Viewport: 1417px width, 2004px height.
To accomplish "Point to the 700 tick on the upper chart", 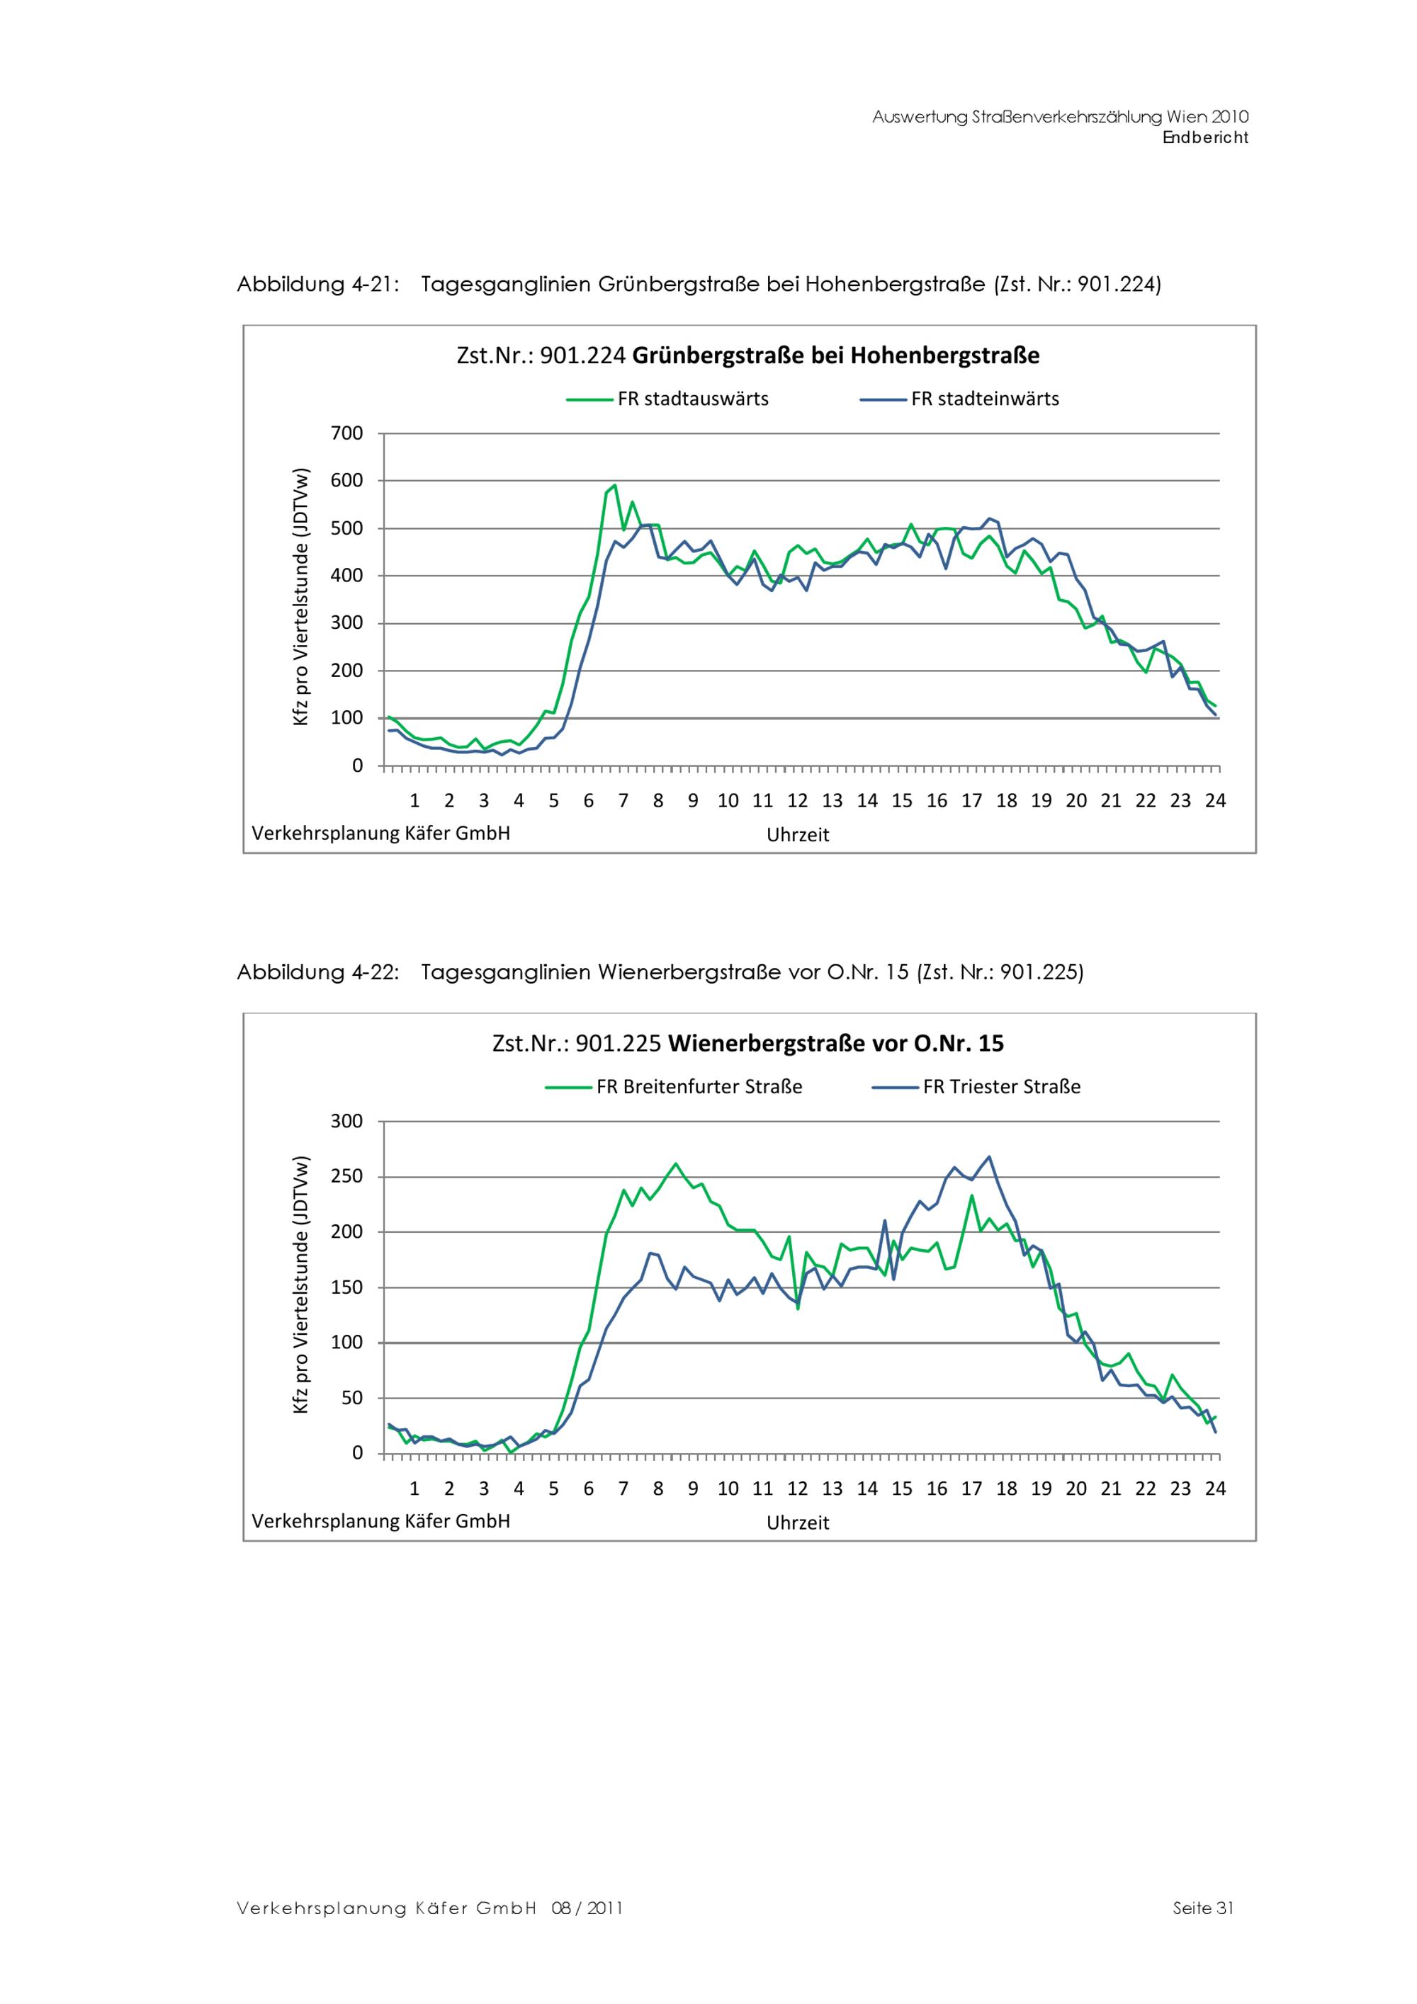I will tap(346, 433).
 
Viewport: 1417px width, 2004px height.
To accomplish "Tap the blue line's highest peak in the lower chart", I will tap(989, 1157).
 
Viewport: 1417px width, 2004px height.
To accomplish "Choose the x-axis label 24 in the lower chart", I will tap(1214, 1489).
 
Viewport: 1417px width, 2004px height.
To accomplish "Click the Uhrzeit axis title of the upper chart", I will tap(797, 834).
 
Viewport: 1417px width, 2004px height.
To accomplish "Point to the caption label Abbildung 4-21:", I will tap(318, 285).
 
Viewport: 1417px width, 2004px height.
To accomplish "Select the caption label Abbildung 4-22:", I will tap(318, 972).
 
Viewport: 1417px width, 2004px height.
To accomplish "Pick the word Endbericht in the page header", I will tap(1205, 138).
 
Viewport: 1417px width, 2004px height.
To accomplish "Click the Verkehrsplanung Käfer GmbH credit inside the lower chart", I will tap(380, 1521).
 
